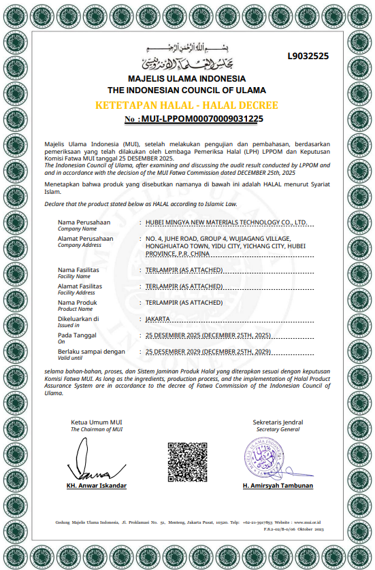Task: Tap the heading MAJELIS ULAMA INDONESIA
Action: point(186,80)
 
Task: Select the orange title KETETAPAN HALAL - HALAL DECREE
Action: point(186,105)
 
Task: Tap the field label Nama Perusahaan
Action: point(84,222)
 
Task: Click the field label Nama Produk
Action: point(78,302)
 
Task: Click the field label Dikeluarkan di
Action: point(78,318)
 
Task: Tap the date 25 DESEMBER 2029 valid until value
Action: point(208,352)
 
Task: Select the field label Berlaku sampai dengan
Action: point(92,352)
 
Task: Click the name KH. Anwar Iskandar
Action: point(97,486)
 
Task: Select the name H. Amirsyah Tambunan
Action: point(278,486)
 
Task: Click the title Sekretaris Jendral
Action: point(278,422)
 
